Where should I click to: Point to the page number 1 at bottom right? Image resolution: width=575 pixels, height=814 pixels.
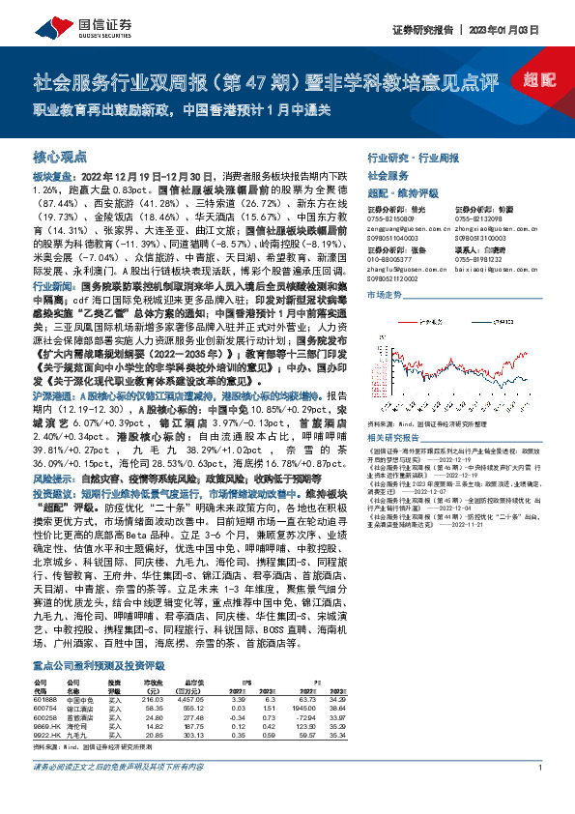coord(535,795)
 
